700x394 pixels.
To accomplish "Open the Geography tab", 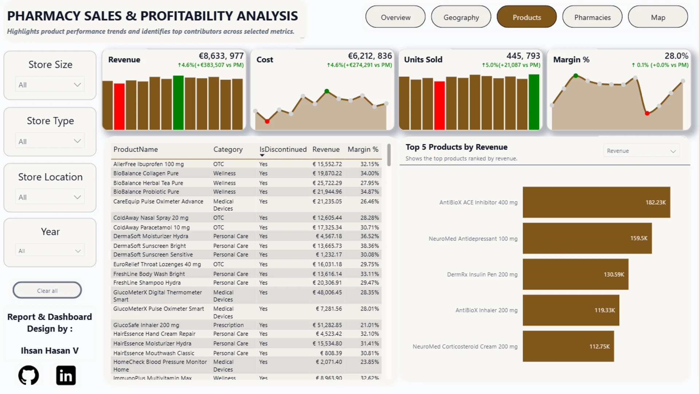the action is coord(461,17).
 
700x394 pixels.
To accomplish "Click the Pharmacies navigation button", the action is coord(592,17).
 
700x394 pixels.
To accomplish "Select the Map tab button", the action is coord(658,17).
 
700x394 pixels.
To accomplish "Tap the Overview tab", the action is coord(396,17).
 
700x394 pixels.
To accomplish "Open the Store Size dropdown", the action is coord(50,85).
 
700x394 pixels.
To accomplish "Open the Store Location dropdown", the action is coord(50,197).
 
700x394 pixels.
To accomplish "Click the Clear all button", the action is coord(47,290).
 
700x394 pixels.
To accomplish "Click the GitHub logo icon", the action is coord(28,375).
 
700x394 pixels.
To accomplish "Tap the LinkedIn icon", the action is coord(66,375).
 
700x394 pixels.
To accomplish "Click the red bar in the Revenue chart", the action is coord(119,107).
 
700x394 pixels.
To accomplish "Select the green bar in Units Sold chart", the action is coord(534,102).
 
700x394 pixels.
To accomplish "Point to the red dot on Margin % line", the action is coord(647,113).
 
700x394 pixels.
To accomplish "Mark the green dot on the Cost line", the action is coord(327,91).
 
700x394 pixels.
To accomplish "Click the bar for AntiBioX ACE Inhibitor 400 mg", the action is coord(596,202).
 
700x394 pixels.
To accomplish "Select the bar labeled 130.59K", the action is coord(576,274).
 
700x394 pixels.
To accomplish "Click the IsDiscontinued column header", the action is coord(283,149).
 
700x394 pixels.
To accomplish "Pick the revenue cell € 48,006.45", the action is coord(327,292).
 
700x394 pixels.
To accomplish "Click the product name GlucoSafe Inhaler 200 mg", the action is coord(146,325).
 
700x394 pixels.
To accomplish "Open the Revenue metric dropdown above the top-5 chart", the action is coord(641,151).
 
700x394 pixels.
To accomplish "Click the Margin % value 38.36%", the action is coord(370,246).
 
